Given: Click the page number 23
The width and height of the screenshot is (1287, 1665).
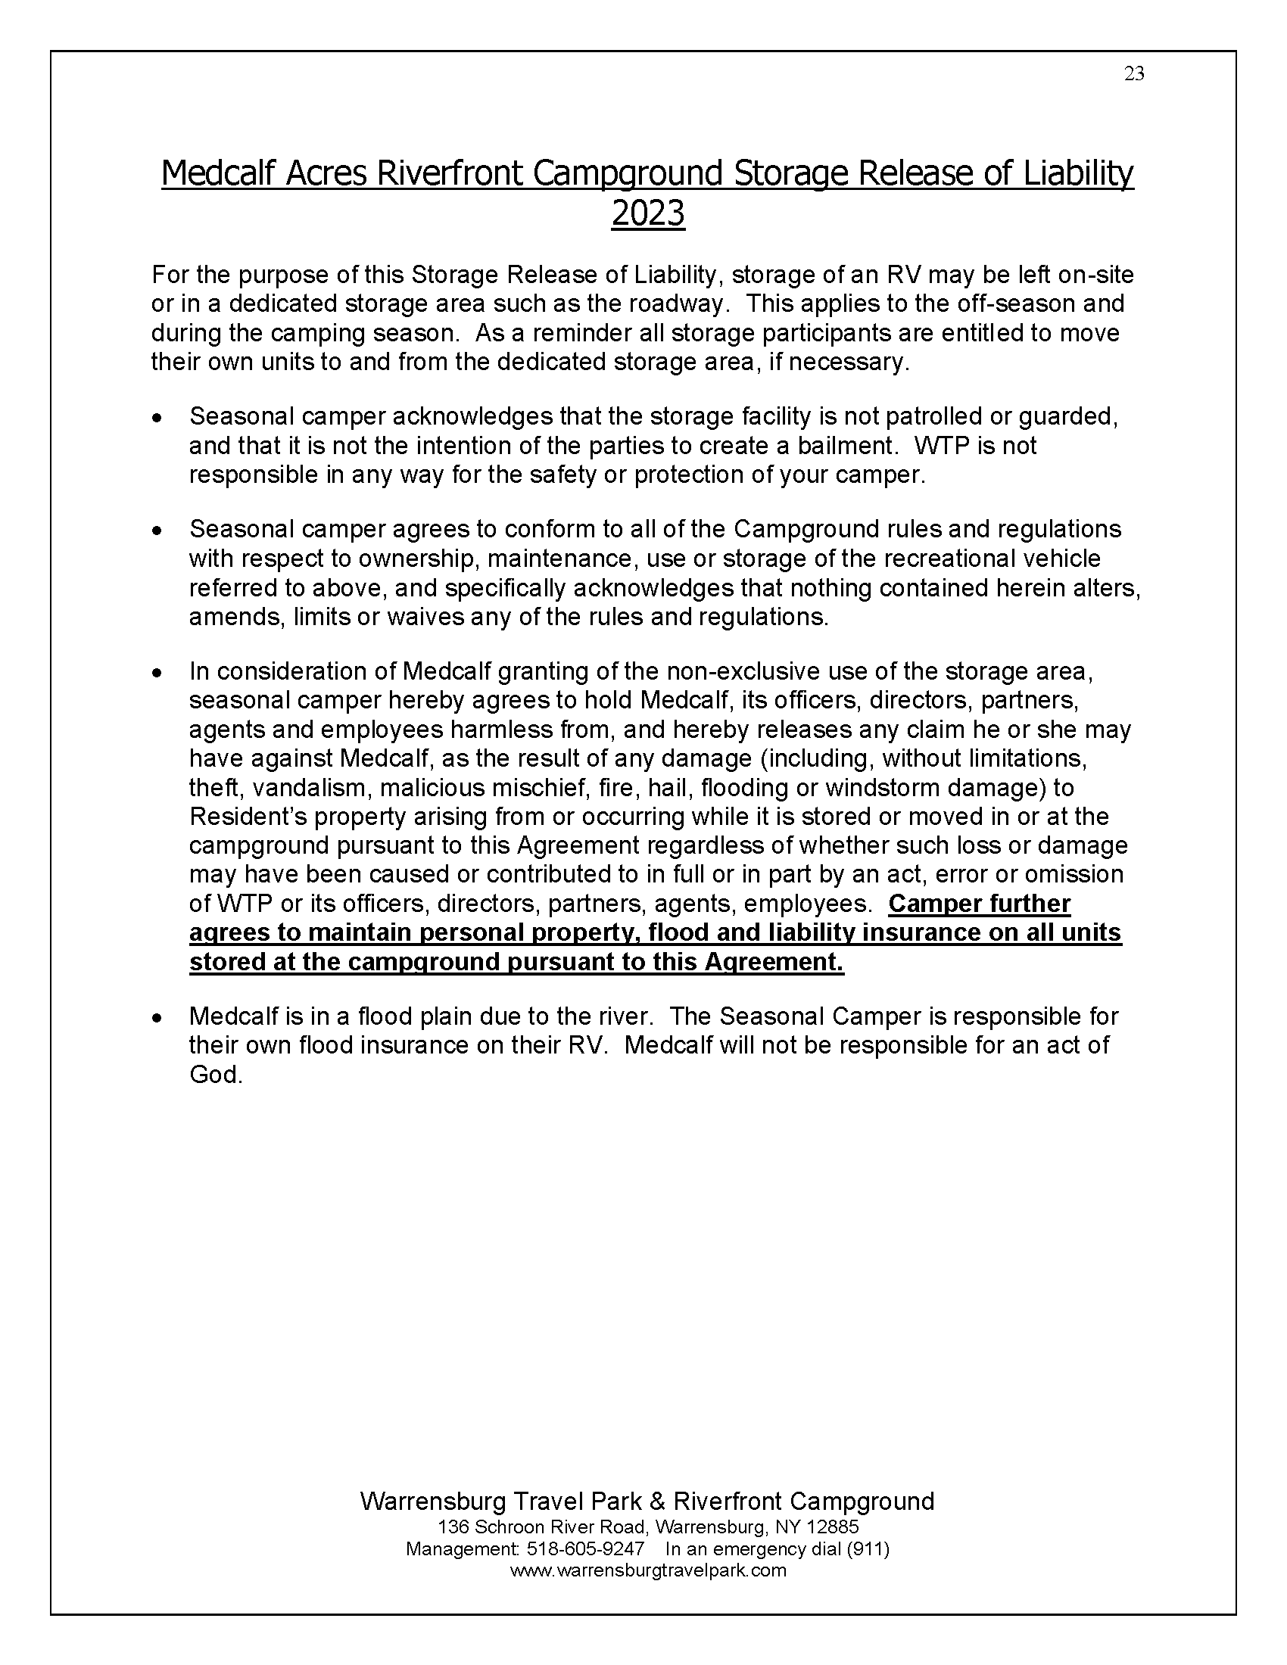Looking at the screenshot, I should coord(1134,74).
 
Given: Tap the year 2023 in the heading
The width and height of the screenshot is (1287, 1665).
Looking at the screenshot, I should coord(647,214).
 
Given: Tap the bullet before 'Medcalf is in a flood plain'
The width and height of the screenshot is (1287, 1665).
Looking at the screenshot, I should coord(156,1018).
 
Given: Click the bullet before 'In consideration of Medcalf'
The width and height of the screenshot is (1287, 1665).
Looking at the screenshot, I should coord(156,673).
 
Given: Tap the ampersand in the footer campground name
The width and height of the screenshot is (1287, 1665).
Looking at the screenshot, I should coord(657,1502).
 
